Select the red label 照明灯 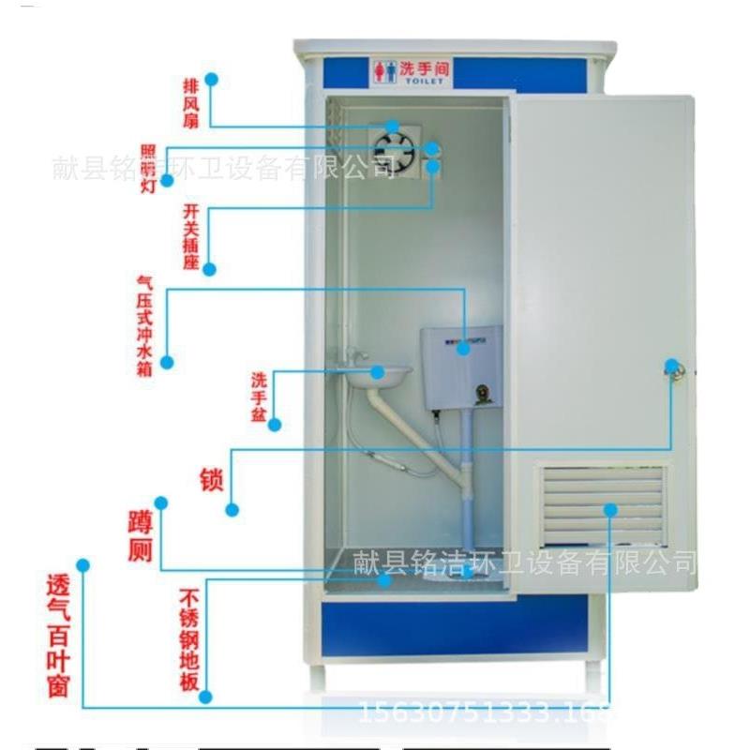(x=148, y=170)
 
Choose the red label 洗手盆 (x=259, y=396)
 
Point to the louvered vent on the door (x=603, y=505)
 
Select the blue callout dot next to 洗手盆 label (x=275, y=425)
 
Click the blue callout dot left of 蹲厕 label (x=161, y=502)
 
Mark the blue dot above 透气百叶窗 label (x=82, y=565)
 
